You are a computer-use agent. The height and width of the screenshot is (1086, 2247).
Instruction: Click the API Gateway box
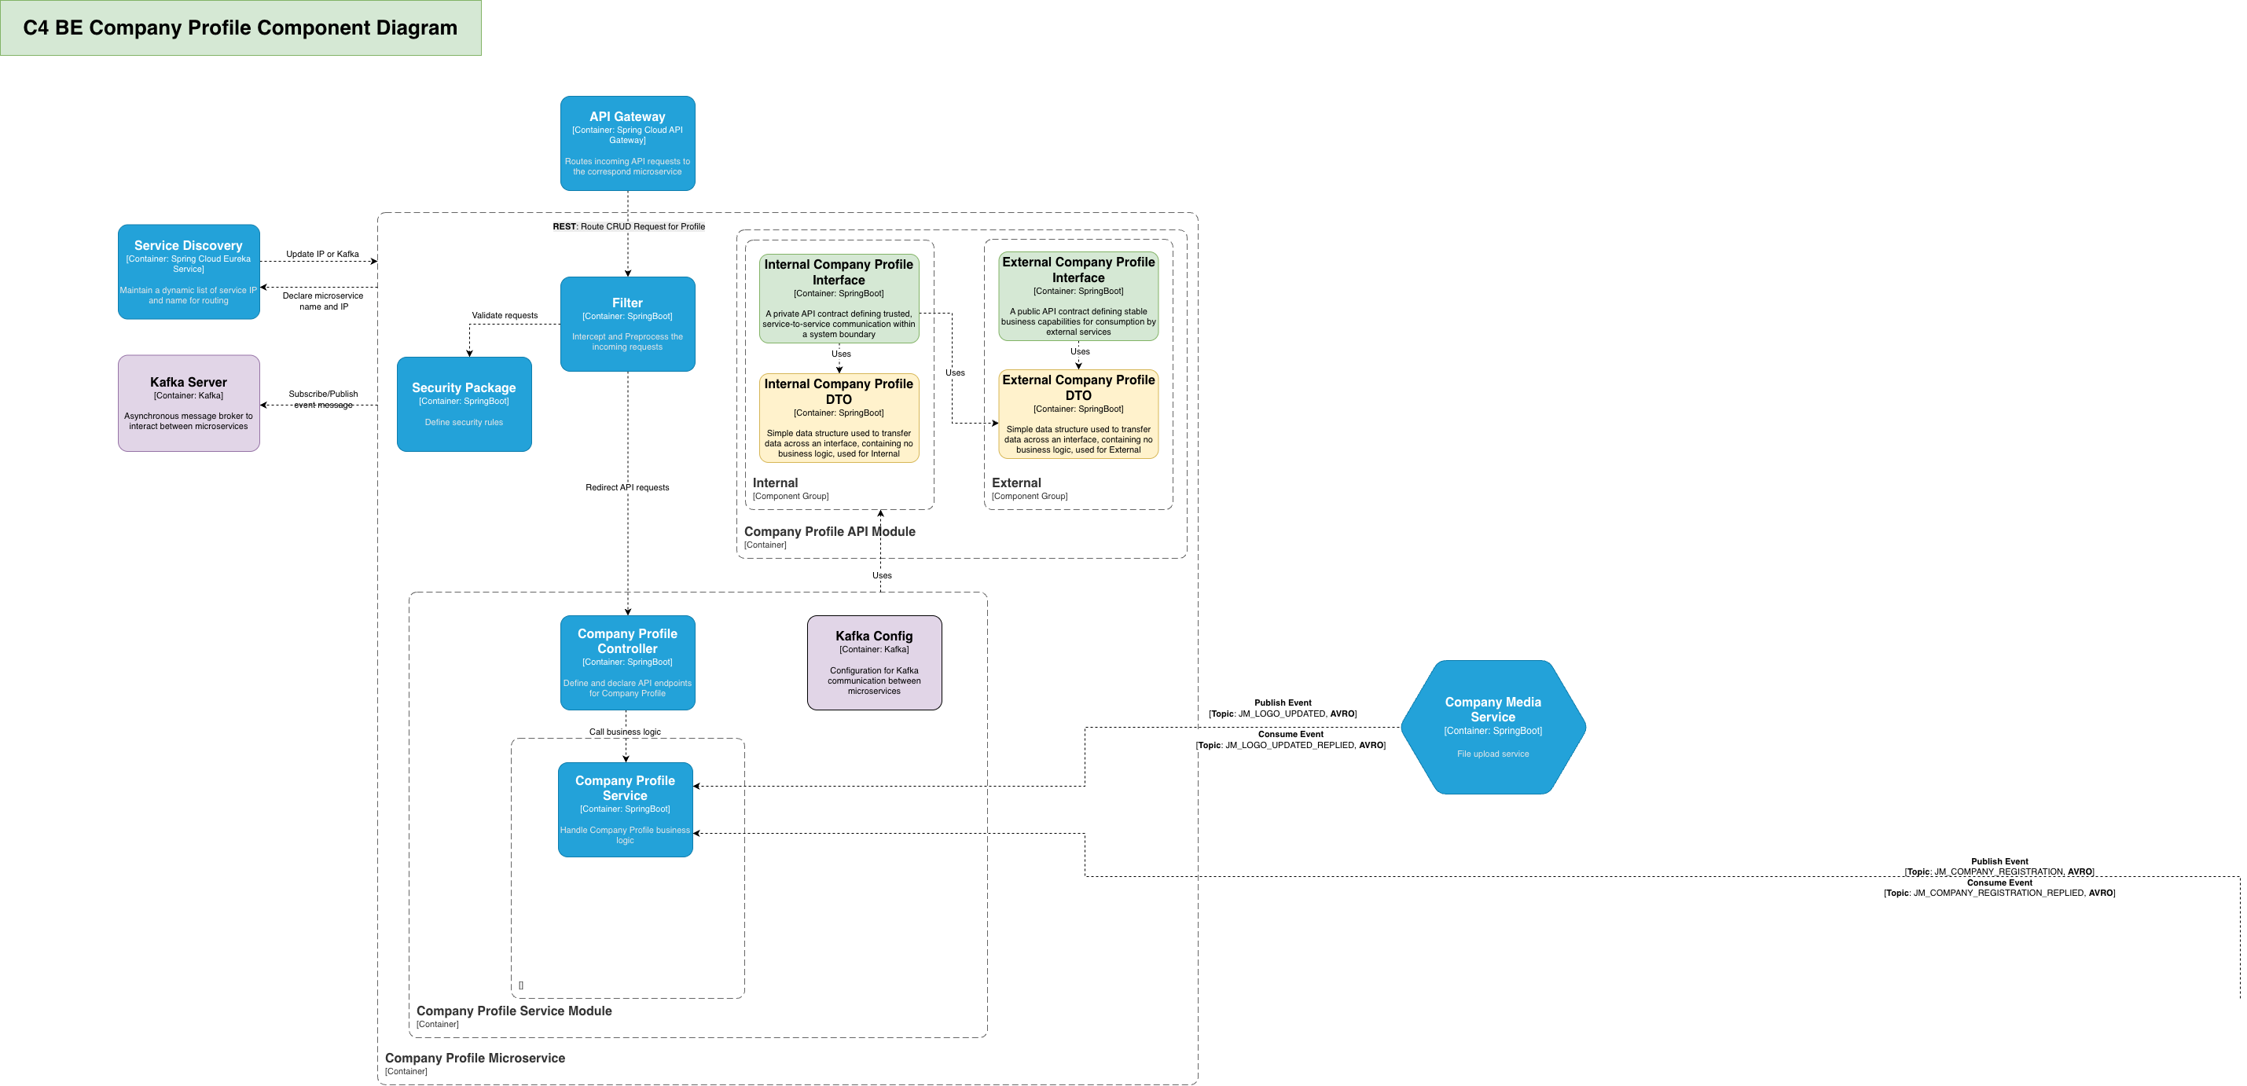click(627, 143)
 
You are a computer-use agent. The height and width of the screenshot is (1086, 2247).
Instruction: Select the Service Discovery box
click(189, 272)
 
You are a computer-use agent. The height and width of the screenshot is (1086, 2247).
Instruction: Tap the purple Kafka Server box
click(189, 403)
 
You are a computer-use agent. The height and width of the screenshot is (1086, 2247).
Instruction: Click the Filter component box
click(627, 324)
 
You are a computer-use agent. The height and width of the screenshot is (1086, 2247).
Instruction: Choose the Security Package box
click(464, 404)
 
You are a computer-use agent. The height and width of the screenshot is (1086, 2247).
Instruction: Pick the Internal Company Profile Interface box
click(839, 299)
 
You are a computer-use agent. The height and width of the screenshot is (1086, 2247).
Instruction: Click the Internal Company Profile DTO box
click(839, 418)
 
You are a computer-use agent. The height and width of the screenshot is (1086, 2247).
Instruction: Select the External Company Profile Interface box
click(1078, 296)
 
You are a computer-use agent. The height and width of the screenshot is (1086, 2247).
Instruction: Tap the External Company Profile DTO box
click(1078, 414)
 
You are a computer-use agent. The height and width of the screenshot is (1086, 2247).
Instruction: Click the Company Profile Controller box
click(627, 662)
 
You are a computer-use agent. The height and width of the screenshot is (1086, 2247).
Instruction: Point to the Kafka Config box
click(874, 662)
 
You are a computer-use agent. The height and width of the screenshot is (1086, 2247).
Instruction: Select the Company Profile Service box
click(625, 809)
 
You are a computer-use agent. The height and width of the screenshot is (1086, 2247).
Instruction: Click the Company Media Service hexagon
click(1492, 727)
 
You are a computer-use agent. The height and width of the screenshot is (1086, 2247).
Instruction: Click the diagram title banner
click(240, 28)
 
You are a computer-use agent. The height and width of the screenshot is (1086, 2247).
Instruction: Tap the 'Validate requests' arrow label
click(504, 316)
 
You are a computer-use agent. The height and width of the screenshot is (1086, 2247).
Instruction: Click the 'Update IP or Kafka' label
click(322, 254)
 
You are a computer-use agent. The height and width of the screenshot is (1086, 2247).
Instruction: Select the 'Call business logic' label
click(625, 732)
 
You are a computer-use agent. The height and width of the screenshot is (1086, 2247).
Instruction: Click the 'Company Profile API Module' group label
click(828, 531)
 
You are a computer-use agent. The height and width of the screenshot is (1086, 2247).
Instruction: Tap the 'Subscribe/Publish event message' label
click(323, 399)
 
